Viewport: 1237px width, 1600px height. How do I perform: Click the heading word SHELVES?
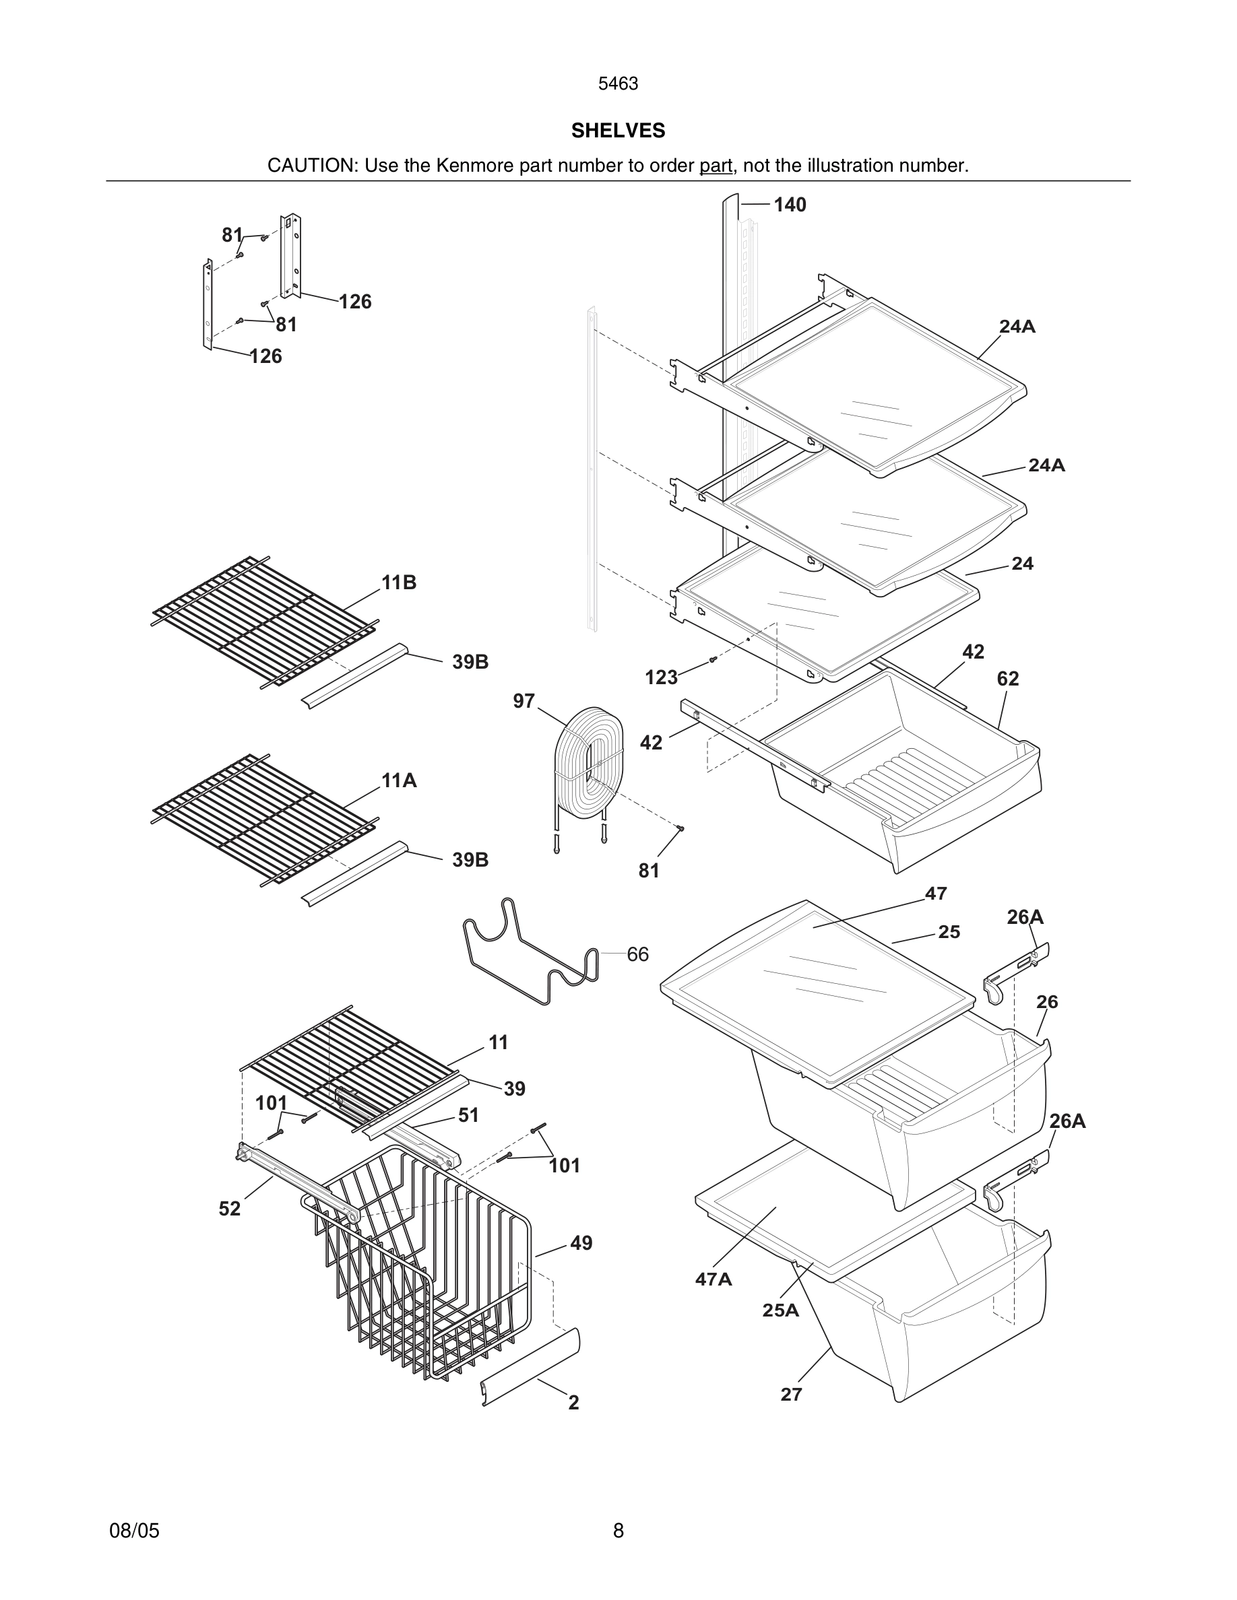618,131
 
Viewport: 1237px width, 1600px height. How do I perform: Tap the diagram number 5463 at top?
618,84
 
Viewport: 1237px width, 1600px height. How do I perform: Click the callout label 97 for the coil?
524,701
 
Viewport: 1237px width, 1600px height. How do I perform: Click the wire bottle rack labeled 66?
532,952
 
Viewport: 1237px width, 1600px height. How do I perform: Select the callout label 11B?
399,582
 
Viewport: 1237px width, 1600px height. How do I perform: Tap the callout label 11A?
399,781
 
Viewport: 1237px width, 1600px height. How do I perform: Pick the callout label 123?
660,677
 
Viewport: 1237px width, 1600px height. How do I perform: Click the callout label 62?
1008,679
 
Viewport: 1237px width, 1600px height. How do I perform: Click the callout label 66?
637,955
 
